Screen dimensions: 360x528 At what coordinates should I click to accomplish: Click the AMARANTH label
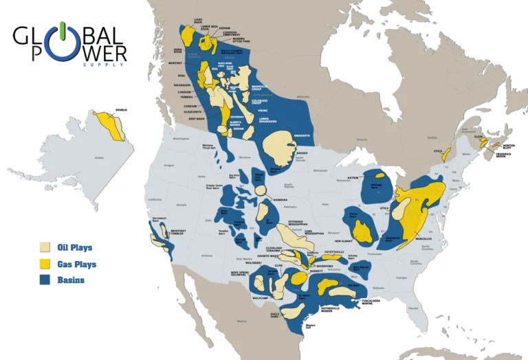tap(302, 135)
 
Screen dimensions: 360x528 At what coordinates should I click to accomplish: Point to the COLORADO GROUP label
tap(274, 100)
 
